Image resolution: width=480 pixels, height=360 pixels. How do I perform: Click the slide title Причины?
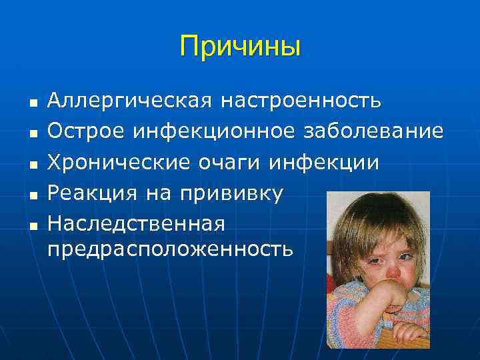pyautogui.click(x=240, y=47)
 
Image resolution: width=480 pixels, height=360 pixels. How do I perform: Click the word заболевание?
pyautogui.click(x=371, y=131)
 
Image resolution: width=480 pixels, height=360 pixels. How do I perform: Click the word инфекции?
pyautogui.click(x=325, y=162)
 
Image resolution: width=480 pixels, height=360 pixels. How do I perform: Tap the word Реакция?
pyautogui.click(x=92, y=193)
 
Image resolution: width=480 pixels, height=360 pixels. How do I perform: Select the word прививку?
pyautogui.click(x=229, y=193)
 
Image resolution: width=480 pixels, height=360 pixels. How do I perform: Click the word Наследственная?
pyautogui.click(x=137, y=223)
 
